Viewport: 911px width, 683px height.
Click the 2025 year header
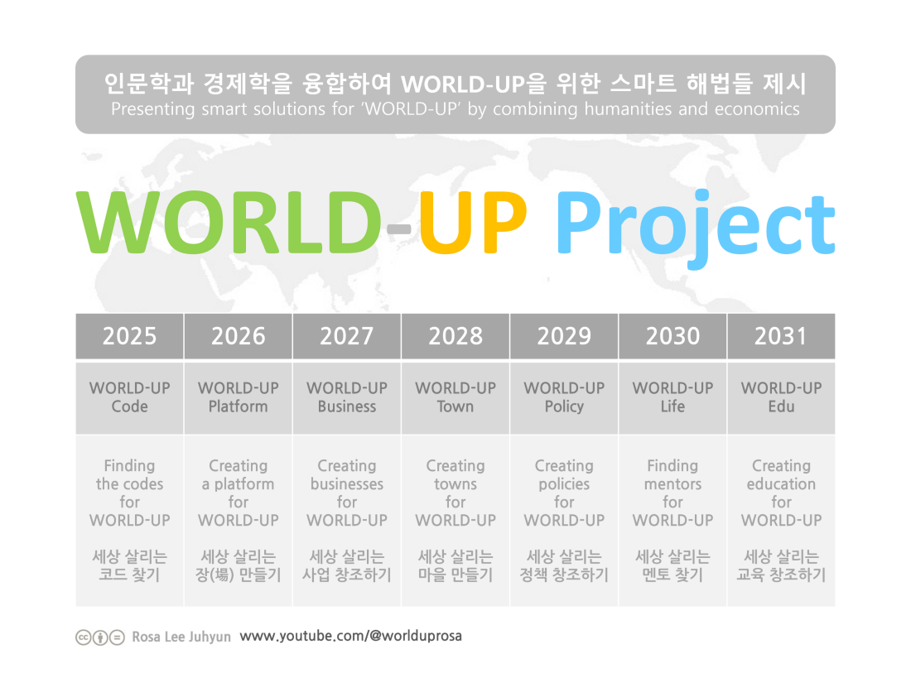tap(129, 336)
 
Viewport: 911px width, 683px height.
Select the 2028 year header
tap(455, 336)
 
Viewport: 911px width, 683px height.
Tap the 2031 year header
tap(782, 336)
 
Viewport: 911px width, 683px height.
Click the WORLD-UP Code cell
tap(129, 398)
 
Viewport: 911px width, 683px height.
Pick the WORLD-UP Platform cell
tap(239, 398)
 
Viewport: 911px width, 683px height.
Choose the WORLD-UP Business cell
tap(347, 398)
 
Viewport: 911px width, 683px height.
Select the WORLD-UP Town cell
tap(455, 398)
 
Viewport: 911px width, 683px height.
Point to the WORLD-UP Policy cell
tap(564, 398)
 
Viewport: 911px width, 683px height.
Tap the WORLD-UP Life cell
tap(672, 398)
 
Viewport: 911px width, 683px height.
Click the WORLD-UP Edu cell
tap(782, 398)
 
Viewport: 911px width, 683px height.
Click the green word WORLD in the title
tap(229, 223)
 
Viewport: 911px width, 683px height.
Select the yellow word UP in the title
tap(473, 223)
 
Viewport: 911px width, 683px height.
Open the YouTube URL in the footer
tap(351, 636)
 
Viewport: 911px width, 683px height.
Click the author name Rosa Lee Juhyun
tap(181, 637)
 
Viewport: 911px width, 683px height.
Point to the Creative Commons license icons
tap(100, 637)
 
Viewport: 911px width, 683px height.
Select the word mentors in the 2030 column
tap(672, 483)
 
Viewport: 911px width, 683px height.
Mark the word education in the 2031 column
tap(782, 483)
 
